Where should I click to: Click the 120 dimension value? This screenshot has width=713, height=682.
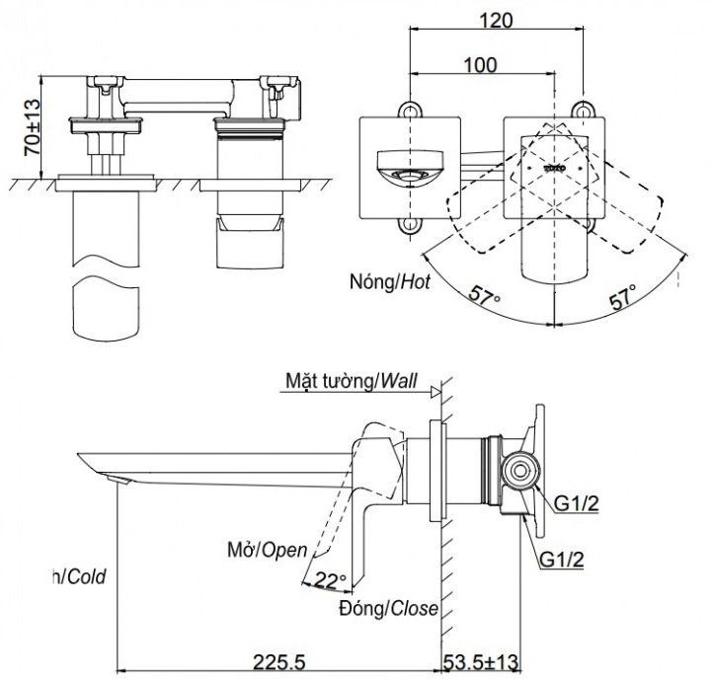(496, 19)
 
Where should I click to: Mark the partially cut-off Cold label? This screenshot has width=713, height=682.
(82, 575)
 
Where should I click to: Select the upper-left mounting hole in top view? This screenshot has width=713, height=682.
(406, 111)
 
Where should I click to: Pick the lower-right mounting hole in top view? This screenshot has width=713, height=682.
(589, 229)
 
